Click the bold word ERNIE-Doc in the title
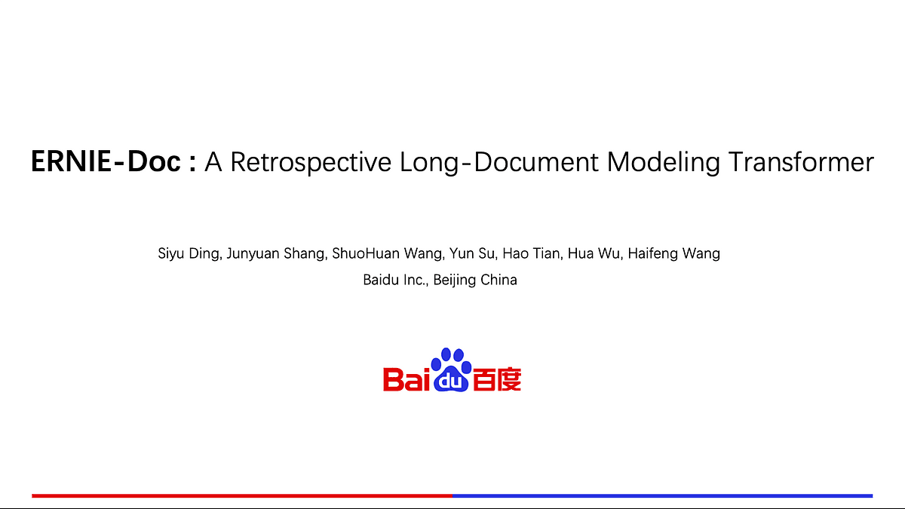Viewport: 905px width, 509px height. tap(106, 162)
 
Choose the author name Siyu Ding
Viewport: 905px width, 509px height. tap(189, 253)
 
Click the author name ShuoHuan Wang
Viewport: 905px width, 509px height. tap(387, 253)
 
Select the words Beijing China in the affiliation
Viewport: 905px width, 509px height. tap(475, 280)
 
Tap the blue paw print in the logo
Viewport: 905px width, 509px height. tap(451, 369)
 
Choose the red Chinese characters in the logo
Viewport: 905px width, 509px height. tap(497, 379)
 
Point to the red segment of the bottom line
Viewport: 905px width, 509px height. tap(241, 495)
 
